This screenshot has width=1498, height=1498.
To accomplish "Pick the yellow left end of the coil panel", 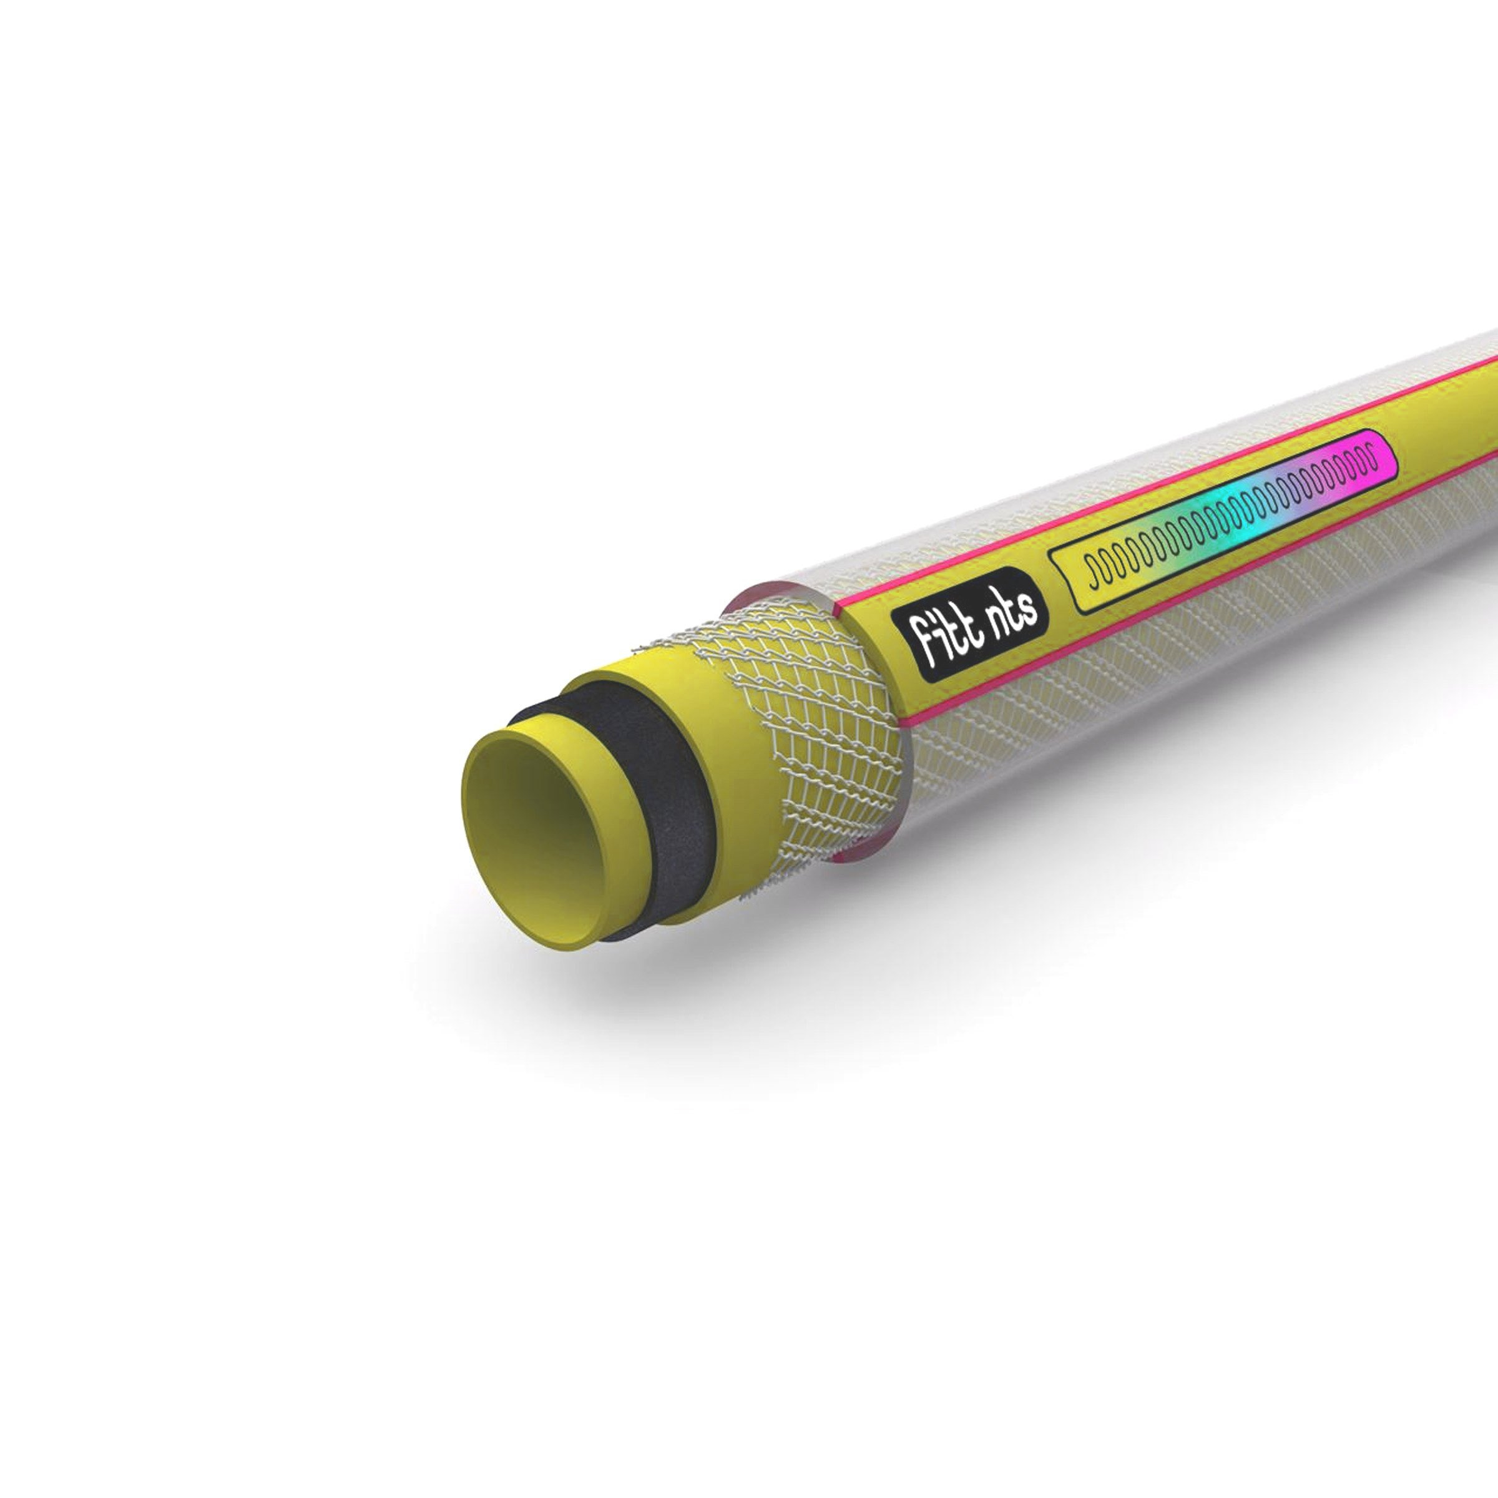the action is pos(1085,585).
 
